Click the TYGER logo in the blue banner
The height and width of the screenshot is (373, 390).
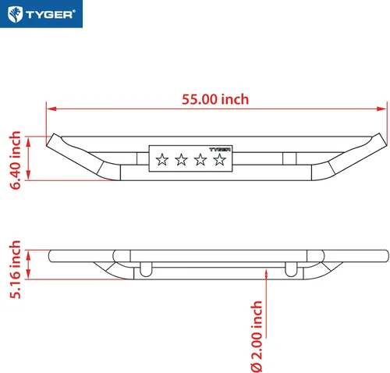click(x=41, y=14)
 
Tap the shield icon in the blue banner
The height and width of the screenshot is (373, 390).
click(x=15, y=14)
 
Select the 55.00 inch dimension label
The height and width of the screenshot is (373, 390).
click(x=215, y=99)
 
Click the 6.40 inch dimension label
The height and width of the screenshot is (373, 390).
click(x=15, y=160)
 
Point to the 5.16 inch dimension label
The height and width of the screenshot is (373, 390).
click(x=15, y=269)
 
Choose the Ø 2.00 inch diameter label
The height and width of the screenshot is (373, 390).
click(x=257, y=336)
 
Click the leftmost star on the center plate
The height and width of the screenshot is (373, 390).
click(x=162, y=159)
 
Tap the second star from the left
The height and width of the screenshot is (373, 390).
click(x=181, y=159)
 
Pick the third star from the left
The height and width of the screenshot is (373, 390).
click(x=200, y=159)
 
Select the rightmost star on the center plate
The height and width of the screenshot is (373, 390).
click(x=220, y=159)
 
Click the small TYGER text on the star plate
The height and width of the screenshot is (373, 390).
click(x=220, y=149)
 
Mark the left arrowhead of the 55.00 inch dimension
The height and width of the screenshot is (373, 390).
click(x=51, y=108)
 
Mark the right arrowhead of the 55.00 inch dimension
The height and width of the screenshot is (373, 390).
click(x=382, y=108)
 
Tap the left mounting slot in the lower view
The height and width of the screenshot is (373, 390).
click(x=146, y=269)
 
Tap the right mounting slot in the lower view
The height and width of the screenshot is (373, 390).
click(x=291, y=269)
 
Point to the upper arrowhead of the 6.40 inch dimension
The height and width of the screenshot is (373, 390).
click(x=28, y=141)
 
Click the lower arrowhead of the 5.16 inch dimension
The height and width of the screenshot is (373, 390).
click(x=28, y=275)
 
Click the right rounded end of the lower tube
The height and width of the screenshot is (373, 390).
click(x=386, y=256)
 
